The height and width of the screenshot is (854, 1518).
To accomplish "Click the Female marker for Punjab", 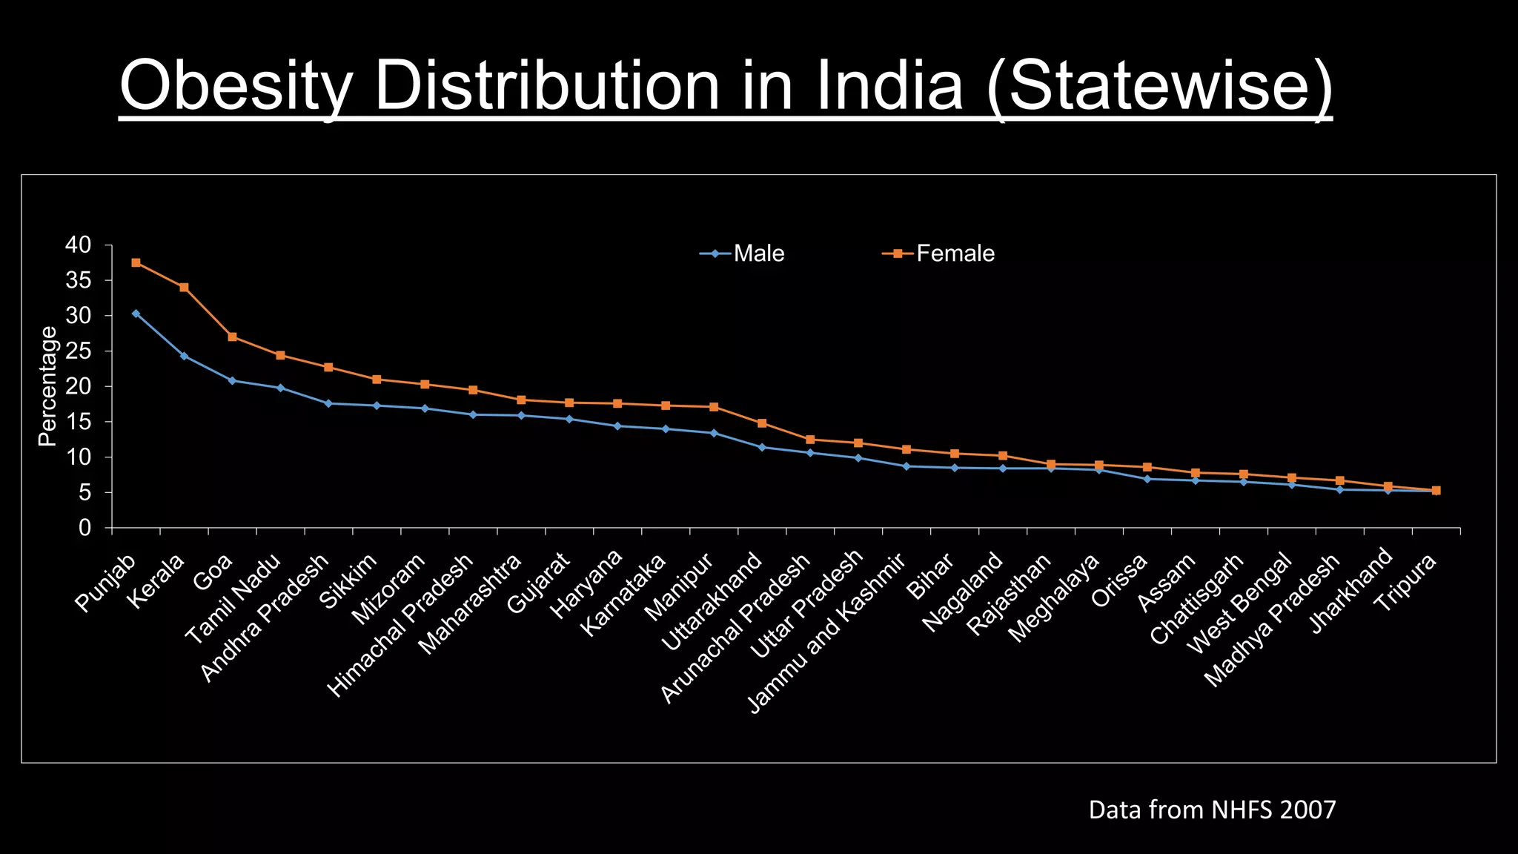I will click(x=136, y=262).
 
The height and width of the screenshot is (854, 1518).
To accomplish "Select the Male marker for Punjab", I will click(x=136, y=314).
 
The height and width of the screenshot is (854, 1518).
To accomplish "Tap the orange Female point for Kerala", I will click(x=184, y=287).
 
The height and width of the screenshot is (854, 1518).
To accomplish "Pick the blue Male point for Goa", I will click(x=232, y=380).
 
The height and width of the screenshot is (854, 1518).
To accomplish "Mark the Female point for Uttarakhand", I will click(x=762, y=423).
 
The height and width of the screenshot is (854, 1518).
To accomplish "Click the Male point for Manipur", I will click(x=714, y=433).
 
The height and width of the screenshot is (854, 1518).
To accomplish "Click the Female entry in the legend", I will click(x=940, y=254).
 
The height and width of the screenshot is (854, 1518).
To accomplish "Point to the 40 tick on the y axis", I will click(x=78, y=245).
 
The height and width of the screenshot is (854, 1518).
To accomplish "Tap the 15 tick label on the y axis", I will click(x=78, y=422).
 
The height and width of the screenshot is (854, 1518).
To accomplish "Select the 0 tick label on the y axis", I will click(x=84, y=528).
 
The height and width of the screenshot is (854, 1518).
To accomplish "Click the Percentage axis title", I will click(x=47, y=386).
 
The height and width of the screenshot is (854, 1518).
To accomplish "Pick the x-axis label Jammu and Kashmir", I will click(x=826, y=632).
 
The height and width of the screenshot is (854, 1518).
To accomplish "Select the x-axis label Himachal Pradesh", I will click(x=401, y=625).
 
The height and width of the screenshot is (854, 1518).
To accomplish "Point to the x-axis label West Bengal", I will click(x=1239, y=603).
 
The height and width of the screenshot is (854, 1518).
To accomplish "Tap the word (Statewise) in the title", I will click(x=1159, y=86).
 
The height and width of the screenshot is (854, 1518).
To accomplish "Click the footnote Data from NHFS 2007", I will click(x=1212, y=810).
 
